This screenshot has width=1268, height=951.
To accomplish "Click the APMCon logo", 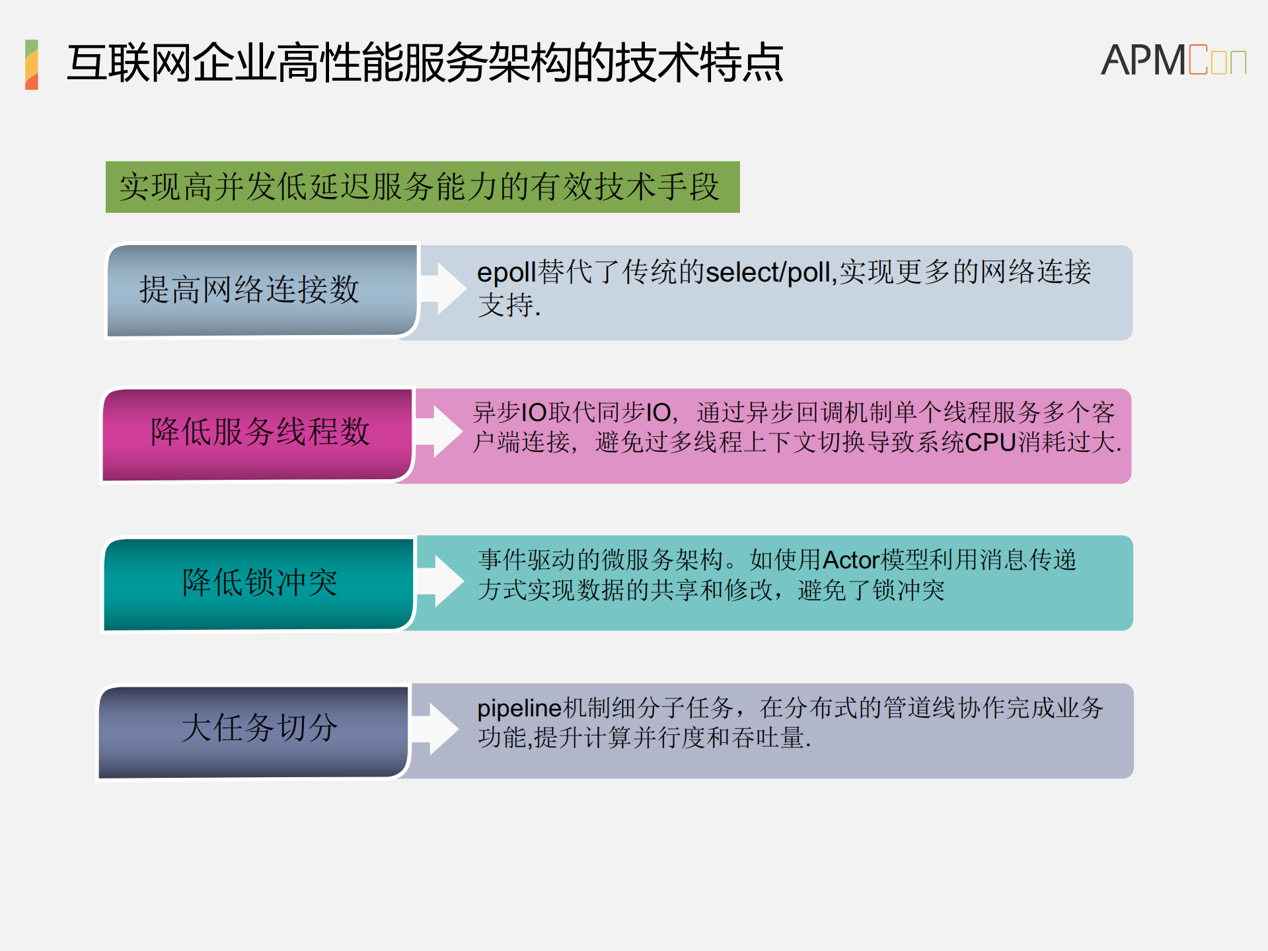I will coord(1173,60).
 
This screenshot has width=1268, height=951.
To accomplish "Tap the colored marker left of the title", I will coord(32,64).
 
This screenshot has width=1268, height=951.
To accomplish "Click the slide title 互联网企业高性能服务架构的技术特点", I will coord(425,63).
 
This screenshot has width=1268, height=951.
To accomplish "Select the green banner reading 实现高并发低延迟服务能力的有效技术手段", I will coord(422,187).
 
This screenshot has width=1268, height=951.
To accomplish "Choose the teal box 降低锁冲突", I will coord(259,584).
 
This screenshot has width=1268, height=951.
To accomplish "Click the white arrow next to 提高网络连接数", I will coord(444,288).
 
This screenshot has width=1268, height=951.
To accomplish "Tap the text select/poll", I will coord(767,272).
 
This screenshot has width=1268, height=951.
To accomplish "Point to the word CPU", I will coord(990,442).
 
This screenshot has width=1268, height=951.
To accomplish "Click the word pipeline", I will coord(519,708).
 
